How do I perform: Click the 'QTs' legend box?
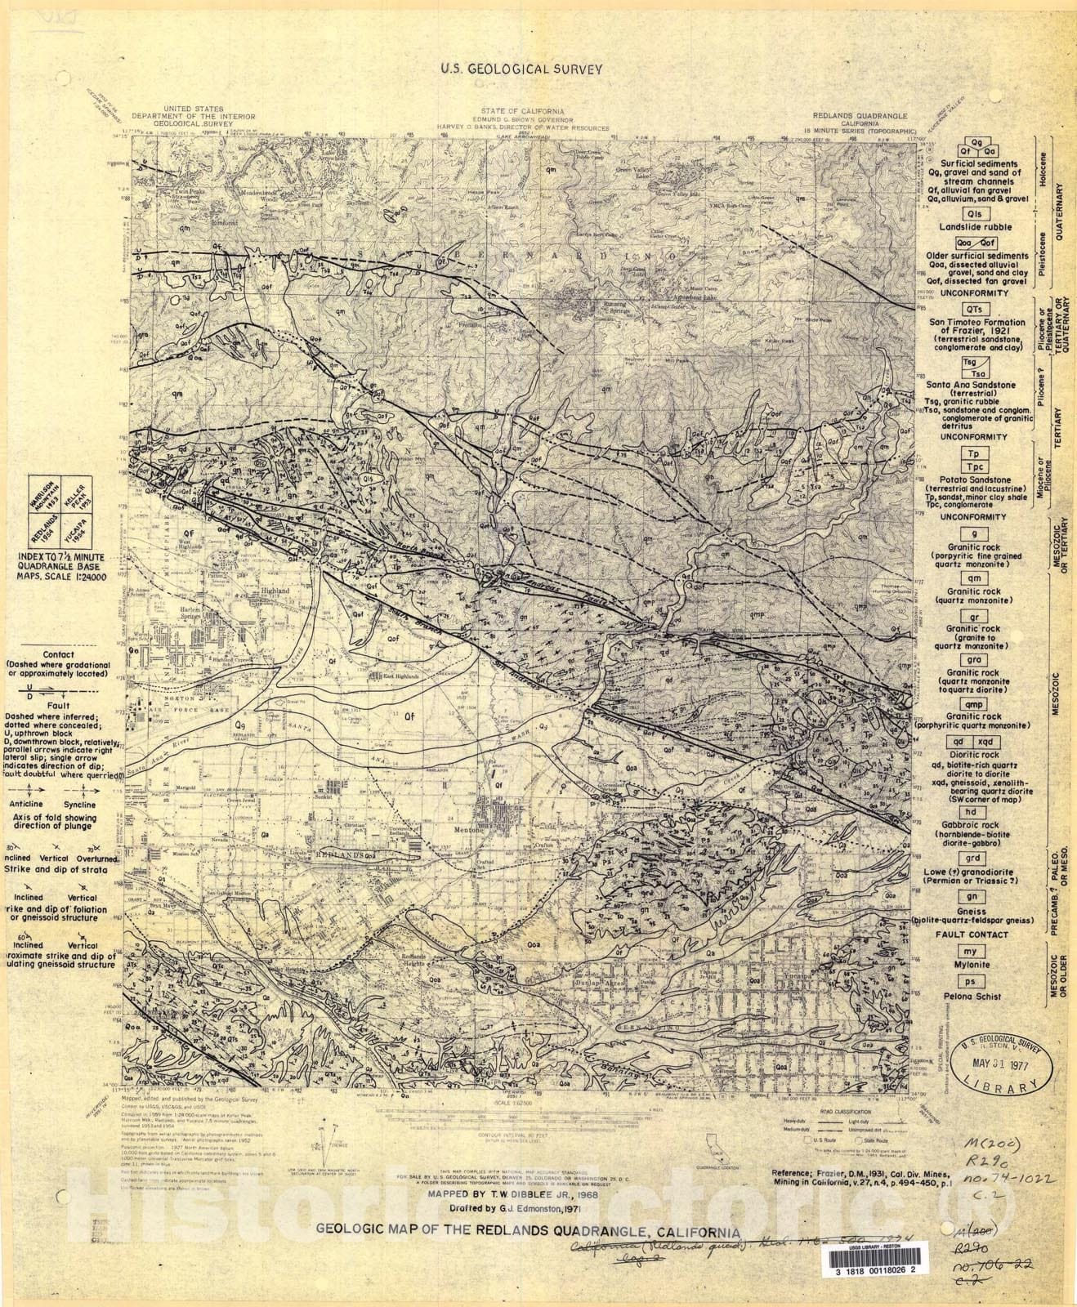[972, 310]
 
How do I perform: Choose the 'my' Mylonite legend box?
[971, 952]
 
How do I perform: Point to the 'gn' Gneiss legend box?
[972, 897]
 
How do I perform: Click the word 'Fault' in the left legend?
[58, 705]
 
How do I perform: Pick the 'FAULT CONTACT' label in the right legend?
[972, 934]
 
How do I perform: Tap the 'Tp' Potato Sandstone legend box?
[972, 453]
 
